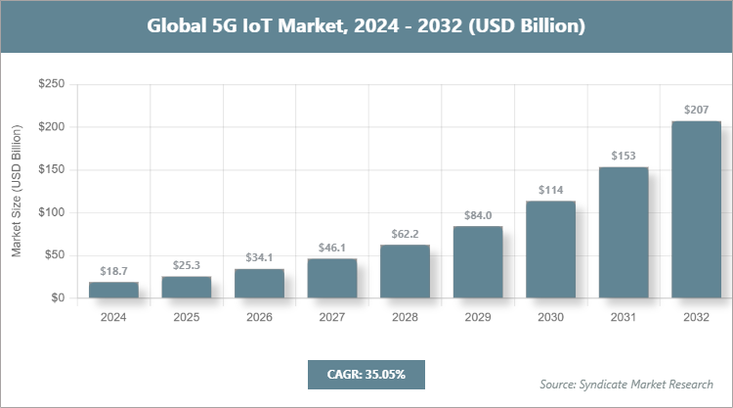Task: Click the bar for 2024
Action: pyautogui.click(x=113, y=290)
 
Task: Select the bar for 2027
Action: pyautogui.click(x=332, y=278)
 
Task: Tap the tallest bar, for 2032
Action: pyautogui.click(x=696, y=209)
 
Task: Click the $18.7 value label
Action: pyautogui.click(x=113, y=270)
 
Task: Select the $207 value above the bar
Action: pyautogui.click(x=696, y=110)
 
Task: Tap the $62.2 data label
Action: pyautogui.click(x=405, y=233)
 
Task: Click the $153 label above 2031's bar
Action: pyautogui.click(x=624, y=156)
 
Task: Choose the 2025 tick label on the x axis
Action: pyautogui.click(x=186, y=317)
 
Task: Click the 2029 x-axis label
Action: pyautogui.click(x=478, y=317)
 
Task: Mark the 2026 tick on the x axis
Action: pyautogui.click(x=259, y=317)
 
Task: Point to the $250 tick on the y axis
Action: pyautogui.click(x=51, y=85)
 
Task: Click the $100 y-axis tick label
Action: pyautogui.click(x=51, y=212)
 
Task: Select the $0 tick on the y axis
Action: pyautogui.click(x=58, y=297)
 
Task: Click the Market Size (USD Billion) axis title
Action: pyautogui.click(x=17, y=191)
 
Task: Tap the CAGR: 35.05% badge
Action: pyautogui.click(x=366, y=374)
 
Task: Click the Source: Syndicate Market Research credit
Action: pyautogui.click(x=625, y=383)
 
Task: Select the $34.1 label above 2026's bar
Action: pyautogui.click(x=259, y=257)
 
